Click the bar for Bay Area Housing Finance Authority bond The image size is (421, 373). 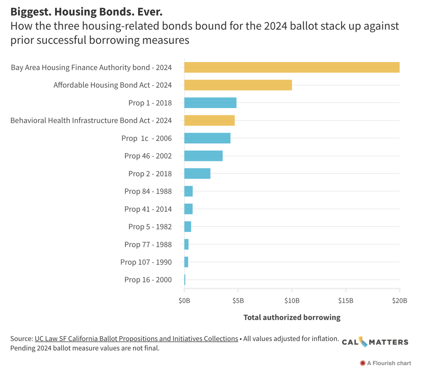tap(292, 67)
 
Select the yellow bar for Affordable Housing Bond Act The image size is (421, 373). tap(238, 85)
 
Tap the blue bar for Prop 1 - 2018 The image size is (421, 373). tap(210, 103)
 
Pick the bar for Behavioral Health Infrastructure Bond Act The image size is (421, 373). tap(209, 120)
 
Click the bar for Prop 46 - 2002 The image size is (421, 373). tap(203, 156)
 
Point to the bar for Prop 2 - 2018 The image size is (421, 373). tap(197, 174)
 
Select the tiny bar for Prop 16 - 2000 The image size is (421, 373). tap(185, 280)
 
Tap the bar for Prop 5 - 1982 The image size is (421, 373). tap(188, 227)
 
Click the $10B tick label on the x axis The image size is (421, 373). tap(292, 301)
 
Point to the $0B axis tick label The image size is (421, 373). tap(184, 301)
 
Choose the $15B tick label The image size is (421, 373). tap(346, 301)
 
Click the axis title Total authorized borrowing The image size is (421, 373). tap(292, 317)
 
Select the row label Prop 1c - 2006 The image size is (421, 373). tap(146, 138)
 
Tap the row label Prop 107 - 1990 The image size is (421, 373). tap(146, 262)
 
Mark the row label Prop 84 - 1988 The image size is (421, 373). tap(148, 191)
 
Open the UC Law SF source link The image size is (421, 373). tap(136, 339)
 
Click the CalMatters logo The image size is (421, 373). tap(375, 342)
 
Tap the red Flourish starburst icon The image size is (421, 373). tap(362, 363)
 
